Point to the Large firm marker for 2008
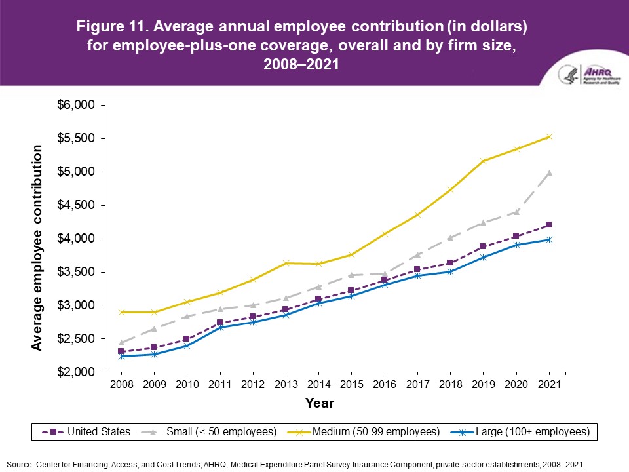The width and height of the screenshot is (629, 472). pyautogui.click(x=121, y=356)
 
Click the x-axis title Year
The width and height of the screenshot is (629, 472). pyautogui.click(x=320, y=403)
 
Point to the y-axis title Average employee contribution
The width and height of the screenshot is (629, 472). pyautogui.click(x=38, y=248)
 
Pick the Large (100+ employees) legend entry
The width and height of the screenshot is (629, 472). pyautogui.click(x=520, y=432)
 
